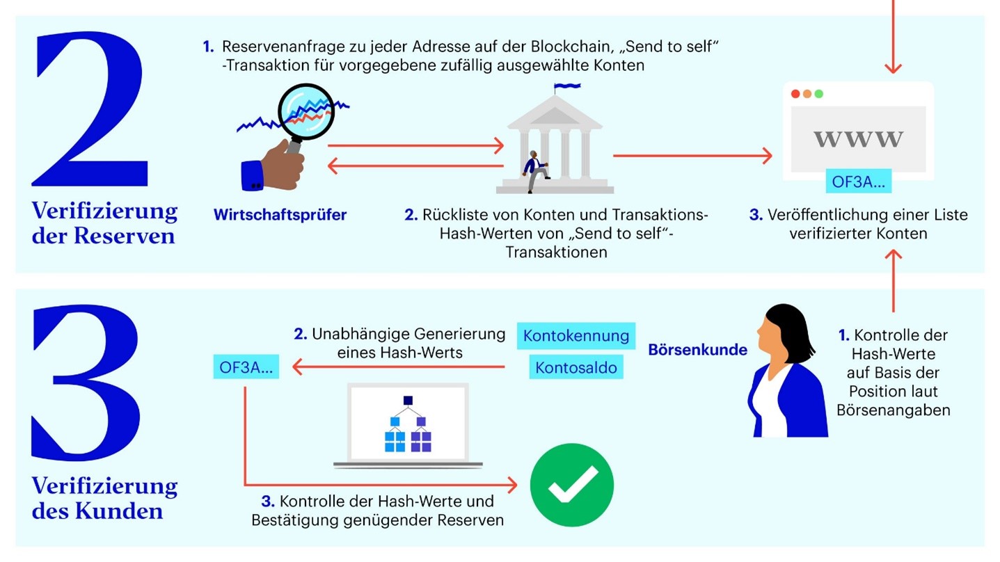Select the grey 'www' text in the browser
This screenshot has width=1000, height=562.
pos(859,138)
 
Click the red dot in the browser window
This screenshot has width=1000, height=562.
pos(795,94)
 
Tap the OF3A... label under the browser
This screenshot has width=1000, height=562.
pos(857,182)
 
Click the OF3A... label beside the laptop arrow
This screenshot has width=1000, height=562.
pos(246,367)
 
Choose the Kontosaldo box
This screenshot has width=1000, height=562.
pos(576,367)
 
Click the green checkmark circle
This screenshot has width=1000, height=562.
pos(572,485)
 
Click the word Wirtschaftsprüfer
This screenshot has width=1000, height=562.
pos(280,215)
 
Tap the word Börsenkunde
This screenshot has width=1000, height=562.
pos(697,350)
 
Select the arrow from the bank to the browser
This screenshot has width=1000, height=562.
pos(692,156)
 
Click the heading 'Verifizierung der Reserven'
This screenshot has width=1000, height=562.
pos(104,223)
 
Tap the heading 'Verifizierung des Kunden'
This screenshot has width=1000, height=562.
pos(104,498)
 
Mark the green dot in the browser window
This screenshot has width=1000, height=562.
pos(819,94)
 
